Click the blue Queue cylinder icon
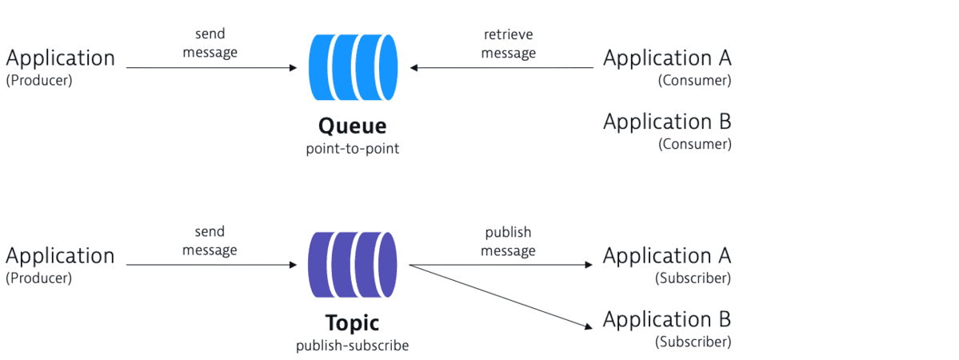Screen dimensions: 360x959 pyautogui.click(x=353, y=68)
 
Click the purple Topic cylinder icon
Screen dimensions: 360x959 pyautogui.click(x=353, y=265)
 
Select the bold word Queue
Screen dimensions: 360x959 pyautogui.click(x=352, y=126)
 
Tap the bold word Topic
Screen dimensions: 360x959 pyautogui.click(x=352, y=323)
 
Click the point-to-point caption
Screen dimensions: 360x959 pyautogui.click(x=352, y=149)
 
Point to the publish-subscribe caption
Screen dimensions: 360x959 pyautogui.click(x=352, y=346)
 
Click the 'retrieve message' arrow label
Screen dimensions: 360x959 pyautogui.click(x=509, y=44)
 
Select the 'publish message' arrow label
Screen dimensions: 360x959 pyautogui.click(x=508, y=242)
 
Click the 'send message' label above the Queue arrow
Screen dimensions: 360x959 pyautogui.click(x=210, y=44)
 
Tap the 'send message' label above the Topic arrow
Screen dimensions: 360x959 pyautogui.click(x=210, y=242)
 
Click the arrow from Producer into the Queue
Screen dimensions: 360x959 pyautogui.click(x=212, y=68)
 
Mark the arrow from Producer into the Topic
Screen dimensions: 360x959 pyautogui.click(x=212, y=265)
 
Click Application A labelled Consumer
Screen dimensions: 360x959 pyautogui.click(x=667, y=58)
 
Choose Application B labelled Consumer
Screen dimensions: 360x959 pyautogui.click(x=667, y=122)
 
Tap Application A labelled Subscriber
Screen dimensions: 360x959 pyautogui.click(x=667, y=256)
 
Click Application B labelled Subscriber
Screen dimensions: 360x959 pyautogui.click(x=667, y=320)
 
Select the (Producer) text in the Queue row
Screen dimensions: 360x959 pyautogui.click(x=39, y=81)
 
